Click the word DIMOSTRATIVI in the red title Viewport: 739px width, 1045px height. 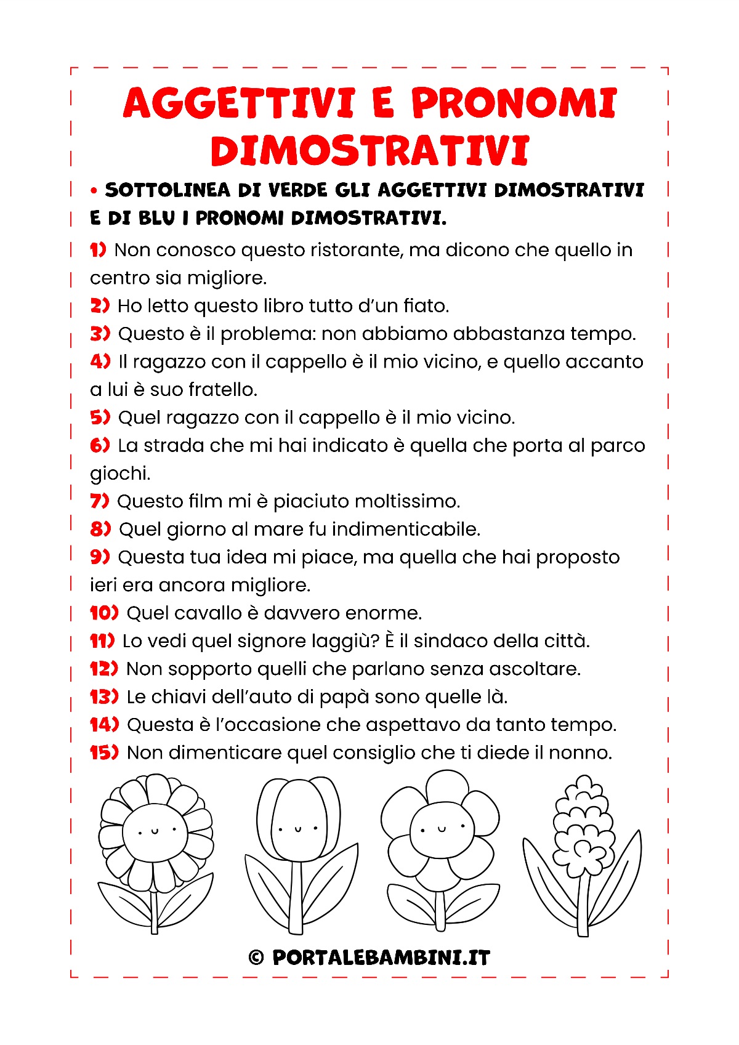pyautogui.click(x=369, y=151)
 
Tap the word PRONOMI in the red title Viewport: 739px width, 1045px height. pyautogui.click(x=514, y=103)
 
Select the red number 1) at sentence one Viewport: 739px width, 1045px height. pyautogui.click(x=98, y=249)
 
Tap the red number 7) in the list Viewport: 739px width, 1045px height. pyautogui.click(x=100, y=501)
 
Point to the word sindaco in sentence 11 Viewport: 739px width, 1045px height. pyautogui.click(x=449, y=641)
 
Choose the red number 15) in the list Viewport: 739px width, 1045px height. pyautogui.click(x=104, y=752)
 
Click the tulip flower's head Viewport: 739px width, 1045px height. pyautogui.click(x=298, y=819)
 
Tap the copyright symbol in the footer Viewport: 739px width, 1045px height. pyautogui.click(x=256, y=958)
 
